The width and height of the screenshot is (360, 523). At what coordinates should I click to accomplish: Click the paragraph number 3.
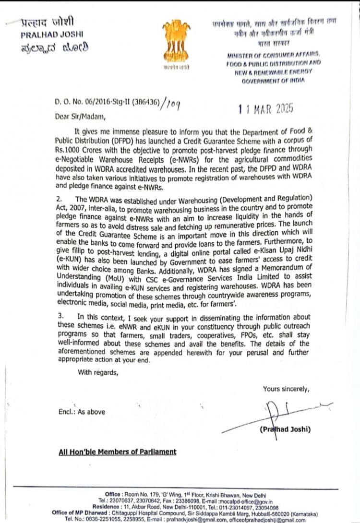pyautogui.click(x=60, y=317)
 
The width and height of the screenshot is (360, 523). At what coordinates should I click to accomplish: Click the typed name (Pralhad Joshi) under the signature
pyautogui.click(x=285, y=429)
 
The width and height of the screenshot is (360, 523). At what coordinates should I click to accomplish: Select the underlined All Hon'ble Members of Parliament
pyautogui.click(x=117, y=452)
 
